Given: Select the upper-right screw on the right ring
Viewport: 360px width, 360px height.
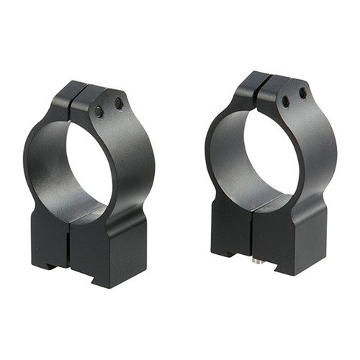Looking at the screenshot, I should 302,94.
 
